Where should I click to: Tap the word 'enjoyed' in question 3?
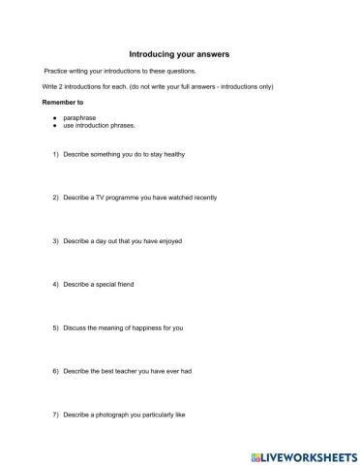[168, 240]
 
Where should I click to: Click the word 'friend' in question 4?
[133, 285]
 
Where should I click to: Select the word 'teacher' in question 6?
[123, 371]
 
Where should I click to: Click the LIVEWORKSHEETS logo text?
[311, 453]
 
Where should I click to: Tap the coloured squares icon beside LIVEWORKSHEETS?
[257, 453]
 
